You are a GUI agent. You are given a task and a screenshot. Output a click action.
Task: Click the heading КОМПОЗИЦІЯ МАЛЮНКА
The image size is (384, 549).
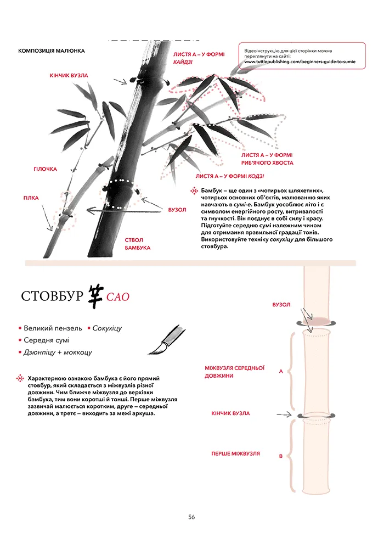click(52, 51)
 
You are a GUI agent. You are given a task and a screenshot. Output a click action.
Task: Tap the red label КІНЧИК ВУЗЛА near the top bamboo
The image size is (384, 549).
click(69, 75)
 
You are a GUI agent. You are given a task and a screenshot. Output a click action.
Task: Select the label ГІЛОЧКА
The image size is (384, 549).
click(45, 169)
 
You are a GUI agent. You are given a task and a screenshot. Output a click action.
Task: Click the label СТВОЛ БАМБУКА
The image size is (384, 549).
click(137, 244)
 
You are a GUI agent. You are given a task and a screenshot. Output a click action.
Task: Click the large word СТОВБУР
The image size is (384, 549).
click(52, 296)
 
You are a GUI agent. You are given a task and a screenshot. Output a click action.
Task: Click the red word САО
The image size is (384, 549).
click(118, 297)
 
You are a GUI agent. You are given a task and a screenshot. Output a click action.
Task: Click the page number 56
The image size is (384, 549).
click(191, 517)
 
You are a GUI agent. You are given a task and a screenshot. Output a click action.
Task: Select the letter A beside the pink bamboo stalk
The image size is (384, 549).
click(281, 372)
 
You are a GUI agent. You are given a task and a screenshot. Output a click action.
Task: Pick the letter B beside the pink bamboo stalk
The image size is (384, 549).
click(281, 456)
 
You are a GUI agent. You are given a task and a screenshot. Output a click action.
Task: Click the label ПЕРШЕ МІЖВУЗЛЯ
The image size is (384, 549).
click(235, 454)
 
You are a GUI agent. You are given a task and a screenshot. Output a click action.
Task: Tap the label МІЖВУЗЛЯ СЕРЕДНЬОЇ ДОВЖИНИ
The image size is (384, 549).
click(235, 372)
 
